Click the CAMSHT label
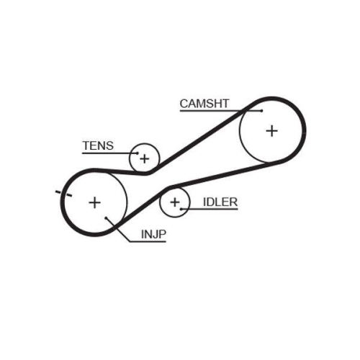[204, 104]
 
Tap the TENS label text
[98, 145]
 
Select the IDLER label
[220, 202]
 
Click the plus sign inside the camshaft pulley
[271, 130]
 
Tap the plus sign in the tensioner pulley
[145, 158]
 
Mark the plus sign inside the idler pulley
[174, 203]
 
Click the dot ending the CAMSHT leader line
[261, 112]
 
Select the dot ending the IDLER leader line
[181, 209]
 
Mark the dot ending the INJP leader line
[106, 217]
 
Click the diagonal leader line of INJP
[119, 230]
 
